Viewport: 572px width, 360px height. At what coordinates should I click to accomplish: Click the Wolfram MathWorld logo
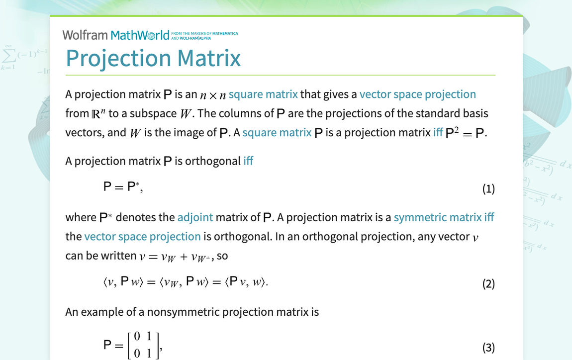click(116, 35)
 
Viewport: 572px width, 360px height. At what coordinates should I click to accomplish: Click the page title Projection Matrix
click(153, 58)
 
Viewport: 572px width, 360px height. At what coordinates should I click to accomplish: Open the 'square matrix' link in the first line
click(263, 94)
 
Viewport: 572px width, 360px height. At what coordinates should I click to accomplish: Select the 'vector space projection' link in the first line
click(418, 94)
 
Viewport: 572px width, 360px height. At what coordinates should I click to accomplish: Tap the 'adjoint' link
click(195, 217)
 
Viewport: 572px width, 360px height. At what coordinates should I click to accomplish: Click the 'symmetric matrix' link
click(438, 217)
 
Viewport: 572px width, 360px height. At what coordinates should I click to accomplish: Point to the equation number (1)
click(488, 188)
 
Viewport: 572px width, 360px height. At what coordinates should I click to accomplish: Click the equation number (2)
click(488, 283)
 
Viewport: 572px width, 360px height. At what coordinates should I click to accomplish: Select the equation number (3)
click(488, 347)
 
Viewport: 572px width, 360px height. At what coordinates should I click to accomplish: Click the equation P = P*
click(123, 187)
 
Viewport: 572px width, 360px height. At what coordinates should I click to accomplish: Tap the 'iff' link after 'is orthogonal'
click(248, 161)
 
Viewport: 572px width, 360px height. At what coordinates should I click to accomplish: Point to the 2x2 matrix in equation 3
click(143, 345)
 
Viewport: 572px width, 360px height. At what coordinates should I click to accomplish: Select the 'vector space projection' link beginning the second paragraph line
click(142, 237)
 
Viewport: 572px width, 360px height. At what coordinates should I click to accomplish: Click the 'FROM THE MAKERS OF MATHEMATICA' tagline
click(204, 33)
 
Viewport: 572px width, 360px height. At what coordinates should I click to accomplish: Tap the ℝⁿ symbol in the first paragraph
click(98, 113)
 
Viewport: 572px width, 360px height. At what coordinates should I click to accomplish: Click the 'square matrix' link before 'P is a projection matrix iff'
click(277, 132)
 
